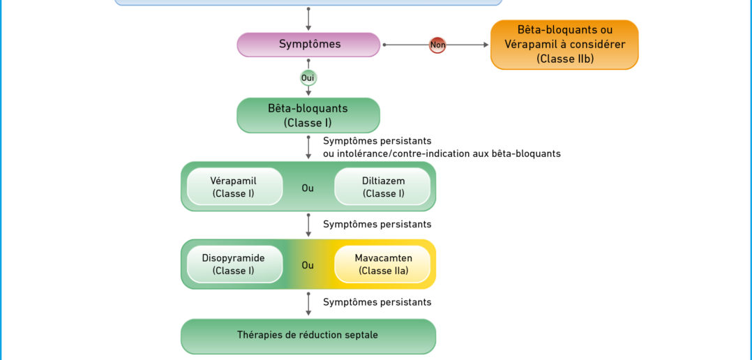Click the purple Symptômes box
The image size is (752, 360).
point(308,45)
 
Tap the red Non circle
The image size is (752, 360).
point(437,45)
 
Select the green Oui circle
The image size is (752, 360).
point(308,77)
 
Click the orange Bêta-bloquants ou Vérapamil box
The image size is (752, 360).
point(564,45)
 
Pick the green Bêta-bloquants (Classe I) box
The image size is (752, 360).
point(308,116)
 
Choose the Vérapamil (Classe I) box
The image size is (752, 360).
point(234,187)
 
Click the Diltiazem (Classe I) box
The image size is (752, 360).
point(382,187)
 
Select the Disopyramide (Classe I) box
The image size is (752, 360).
point(234,264)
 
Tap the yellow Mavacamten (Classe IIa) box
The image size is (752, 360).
point(382,264)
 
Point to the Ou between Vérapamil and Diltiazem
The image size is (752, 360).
point(308,188)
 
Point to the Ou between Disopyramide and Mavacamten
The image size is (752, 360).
point(308,265)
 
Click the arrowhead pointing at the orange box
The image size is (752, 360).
point(486,45)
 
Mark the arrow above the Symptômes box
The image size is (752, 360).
point(308,19)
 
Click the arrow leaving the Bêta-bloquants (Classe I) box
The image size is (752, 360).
point(308,148)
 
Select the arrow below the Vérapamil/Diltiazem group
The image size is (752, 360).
point(308,225)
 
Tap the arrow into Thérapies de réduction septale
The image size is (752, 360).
point(308,304)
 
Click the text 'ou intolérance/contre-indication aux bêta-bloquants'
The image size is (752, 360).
point(442,154)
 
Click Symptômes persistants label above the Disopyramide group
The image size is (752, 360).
point(377,225)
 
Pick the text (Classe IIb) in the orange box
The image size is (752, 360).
point(565,59)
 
